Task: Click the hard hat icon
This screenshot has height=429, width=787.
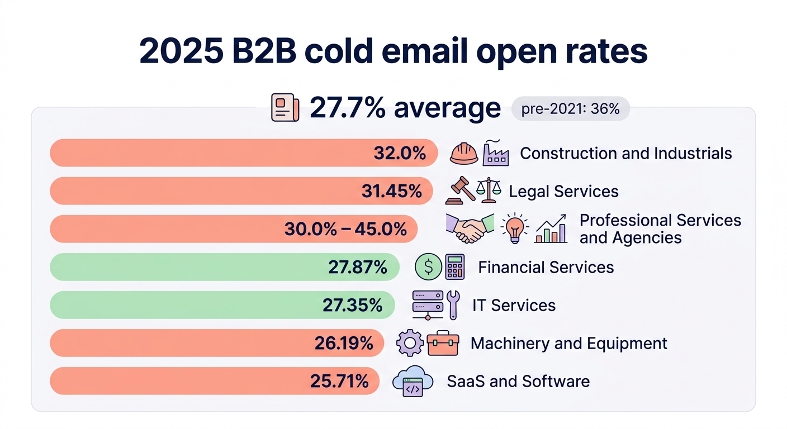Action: tap(464, 154)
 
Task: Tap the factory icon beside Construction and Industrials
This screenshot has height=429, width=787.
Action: tap(495, 153)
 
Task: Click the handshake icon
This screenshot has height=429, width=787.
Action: tap(470, 229)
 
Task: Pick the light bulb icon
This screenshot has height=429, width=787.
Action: tap(514, 229)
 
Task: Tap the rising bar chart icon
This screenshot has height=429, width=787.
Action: tap(551, 229)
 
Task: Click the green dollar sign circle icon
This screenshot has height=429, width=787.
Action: tap(428, 267)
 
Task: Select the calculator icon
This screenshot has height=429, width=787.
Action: tap(454, 267)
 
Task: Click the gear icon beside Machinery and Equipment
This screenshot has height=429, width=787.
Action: tap(410, 343)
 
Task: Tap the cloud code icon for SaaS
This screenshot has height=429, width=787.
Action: tap(413, 382)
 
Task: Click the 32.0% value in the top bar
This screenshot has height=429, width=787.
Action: tap(400, 153)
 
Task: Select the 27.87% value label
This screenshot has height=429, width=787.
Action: tap(358, 267)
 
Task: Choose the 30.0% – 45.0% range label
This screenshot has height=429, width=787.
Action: tap(345, 229)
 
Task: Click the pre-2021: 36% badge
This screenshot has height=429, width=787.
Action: tap(570, 109)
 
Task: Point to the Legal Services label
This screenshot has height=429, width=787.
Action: tap(563, 192)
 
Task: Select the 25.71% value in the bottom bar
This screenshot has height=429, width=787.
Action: tap(339, 381)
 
